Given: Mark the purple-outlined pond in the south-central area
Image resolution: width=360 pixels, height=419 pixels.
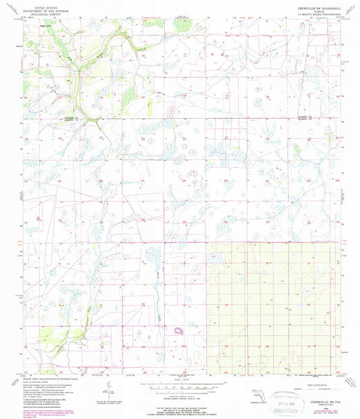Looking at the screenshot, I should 180,331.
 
